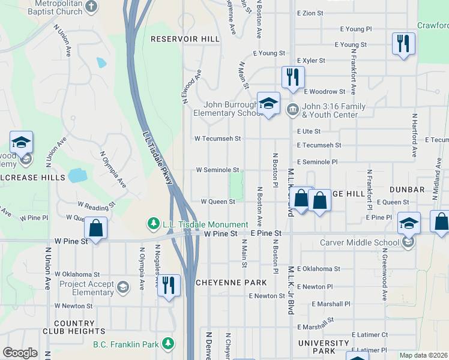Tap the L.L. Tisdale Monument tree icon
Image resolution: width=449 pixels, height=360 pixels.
(x=154, y=224)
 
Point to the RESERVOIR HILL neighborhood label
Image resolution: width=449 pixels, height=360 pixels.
(x=184, y=38)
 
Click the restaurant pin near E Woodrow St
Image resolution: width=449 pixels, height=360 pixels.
(x=293, y=77)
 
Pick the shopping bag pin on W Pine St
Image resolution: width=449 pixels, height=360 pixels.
(x=95, y=228)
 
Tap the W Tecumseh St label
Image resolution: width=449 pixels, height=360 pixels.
(x=217, y=139)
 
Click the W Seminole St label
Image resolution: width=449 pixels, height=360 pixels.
(x=217, y=170)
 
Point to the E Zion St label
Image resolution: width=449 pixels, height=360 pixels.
(x=310, y=13)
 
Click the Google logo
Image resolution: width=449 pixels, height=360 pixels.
(x=20, y=353)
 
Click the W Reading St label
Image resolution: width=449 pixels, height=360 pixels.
(x=96, y=205)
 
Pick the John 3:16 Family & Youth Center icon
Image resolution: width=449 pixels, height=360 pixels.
(x=293, y=109)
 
